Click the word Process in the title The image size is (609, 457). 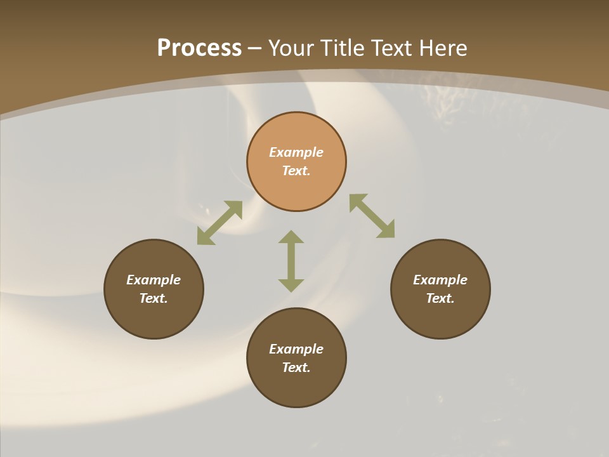(x=199, y=48)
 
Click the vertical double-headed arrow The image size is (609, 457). (x=291, y=261)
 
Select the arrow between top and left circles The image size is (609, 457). (x=219, y=222)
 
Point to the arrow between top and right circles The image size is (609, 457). (x=372, y=216)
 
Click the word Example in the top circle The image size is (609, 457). (x=296, y=152)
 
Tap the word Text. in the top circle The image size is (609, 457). (x=296, y=171)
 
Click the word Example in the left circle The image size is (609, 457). (x=154, y=280)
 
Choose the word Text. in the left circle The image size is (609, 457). (x=154, y=298)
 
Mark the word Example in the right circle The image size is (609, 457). (x=440, y=280)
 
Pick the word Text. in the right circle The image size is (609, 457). (x=440, y=298)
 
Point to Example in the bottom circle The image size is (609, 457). (x=296, y=349)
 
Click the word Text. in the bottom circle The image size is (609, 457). (x=296, y=368)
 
